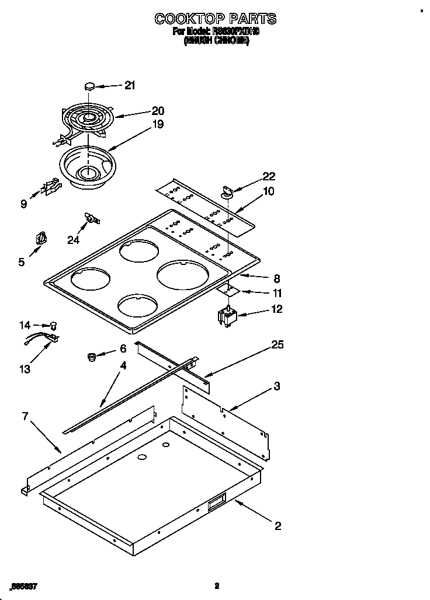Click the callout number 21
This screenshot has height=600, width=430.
pos(129,85)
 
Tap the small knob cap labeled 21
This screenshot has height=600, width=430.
pos(89,86)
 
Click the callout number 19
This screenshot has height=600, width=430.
pos(158,124)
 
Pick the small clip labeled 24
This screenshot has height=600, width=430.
pos(91,218)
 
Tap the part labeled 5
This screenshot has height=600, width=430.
pos(41,239)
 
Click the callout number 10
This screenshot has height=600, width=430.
pos(269,191)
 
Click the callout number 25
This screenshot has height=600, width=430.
pos(277,346)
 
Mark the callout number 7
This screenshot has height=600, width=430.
pos(25,416)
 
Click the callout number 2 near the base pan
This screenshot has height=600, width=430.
pos(278,526)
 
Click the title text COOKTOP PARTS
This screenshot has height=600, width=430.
pos(216,19)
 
